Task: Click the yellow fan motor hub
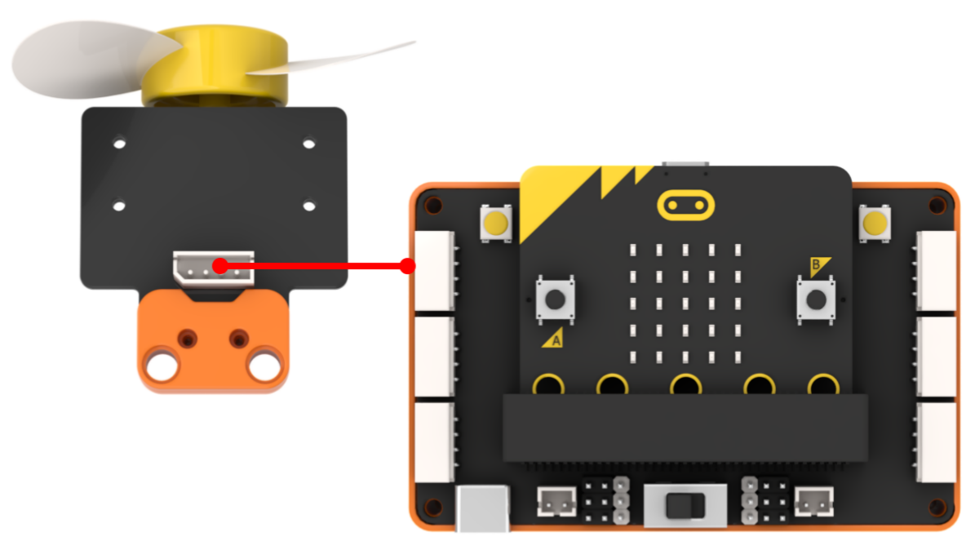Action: (x=215, y=64)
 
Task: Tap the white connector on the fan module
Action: (x=213, y=268)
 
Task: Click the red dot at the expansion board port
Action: (x=407, y=266)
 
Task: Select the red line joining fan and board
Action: (x=313, y=266)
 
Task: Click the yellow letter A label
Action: (x=554, y=339)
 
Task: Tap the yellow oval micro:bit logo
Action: (x=686, y=206)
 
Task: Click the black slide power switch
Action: (x=685, y=505)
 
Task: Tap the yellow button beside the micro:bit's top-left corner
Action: (x=495, y=224)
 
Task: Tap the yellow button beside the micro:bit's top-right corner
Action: (x=875, y=224)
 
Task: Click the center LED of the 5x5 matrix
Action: (x=685, y=304)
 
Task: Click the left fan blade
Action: (x=93, y=59)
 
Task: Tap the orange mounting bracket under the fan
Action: (x=213, y=342)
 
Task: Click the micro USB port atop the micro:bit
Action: (x=685, y=165)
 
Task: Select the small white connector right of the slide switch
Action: (x=814, y=502)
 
